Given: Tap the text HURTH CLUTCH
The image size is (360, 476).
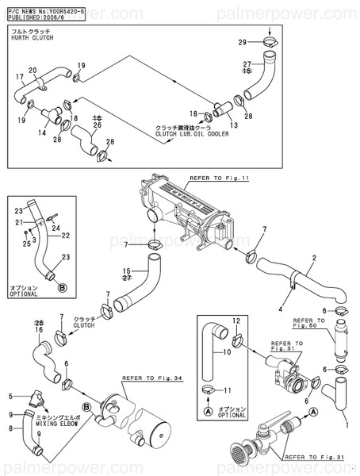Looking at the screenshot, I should [29, 37].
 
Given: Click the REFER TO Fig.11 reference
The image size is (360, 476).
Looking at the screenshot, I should [219, 179].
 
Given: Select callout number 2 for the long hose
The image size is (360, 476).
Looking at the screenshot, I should [314, 258].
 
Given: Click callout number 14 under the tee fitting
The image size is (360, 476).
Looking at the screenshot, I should [41, 123].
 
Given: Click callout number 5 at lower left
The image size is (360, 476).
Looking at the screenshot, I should [10, 395].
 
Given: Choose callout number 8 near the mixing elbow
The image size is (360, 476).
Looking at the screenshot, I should [10, 429].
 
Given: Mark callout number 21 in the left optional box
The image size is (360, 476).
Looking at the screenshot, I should [17, 223].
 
